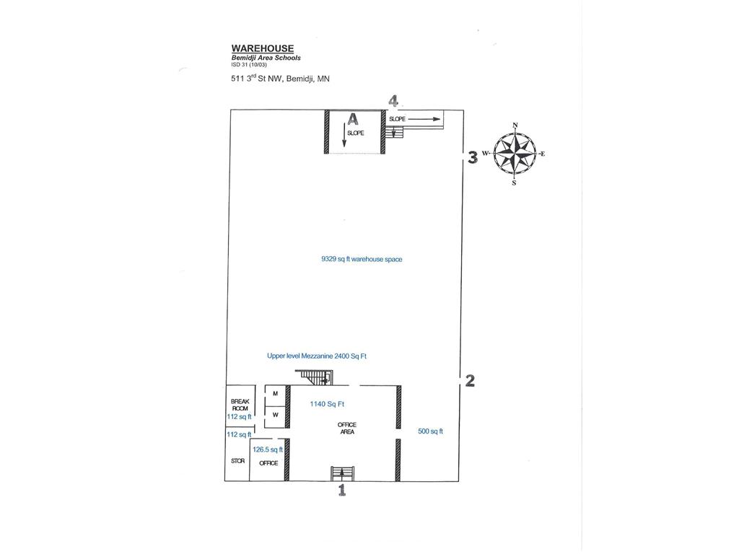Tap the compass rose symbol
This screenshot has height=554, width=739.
point(515,154)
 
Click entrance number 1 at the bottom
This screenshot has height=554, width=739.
point(342,491)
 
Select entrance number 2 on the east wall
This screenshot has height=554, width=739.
point(470,380)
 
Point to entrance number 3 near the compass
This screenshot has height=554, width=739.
point(472,157)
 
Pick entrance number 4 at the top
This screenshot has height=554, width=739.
point(393,101)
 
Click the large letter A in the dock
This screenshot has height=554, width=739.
point(352,120)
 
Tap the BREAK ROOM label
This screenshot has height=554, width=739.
point(240,405)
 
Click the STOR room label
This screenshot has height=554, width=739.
point(237,460)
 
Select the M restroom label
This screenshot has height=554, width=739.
point(275,393)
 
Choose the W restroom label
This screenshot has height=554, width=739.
point(275,415)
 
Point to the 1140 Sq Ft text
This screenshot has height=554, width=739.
point(327,405)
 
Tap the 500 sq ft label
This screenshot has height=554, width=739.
point(430,431)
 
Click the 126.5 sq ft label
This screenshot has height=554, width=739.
point(268,449)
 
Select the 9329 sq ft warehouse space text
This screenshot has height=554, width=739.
point(362,259)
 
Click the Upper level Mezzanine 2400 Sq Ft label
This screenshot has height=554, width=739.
point(321,356)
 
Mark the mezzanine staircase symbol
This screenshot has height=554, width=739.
point(315,376)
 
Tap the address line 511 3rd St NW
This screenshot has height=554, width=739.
point(276,79)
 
